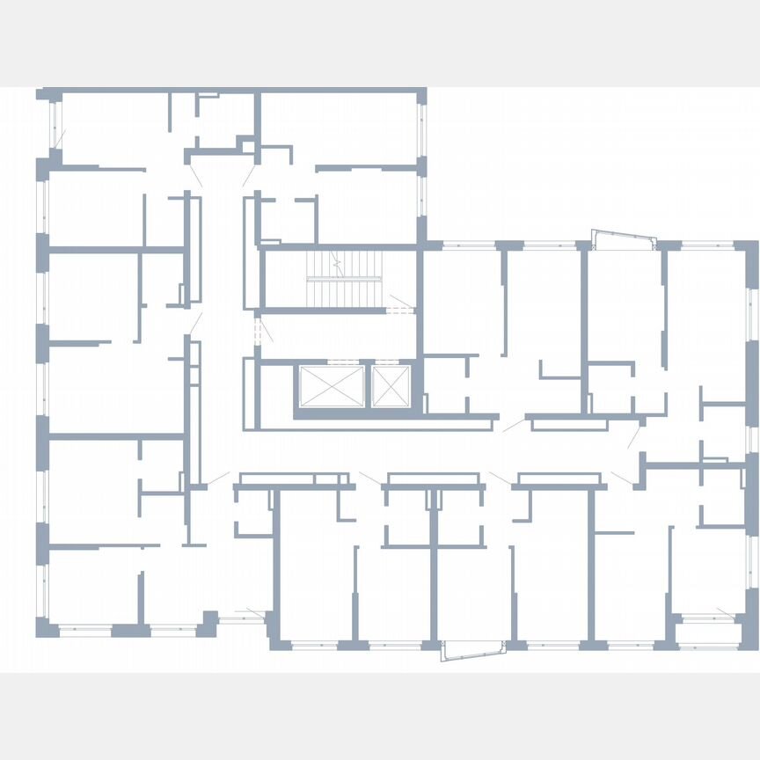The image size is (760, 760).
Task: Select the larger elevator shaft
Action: tap(332, 386)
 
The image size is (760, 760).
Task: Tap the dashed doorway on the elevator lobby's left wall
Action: tap(258, 332)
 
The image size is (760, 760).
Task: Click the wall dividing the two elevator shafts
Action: tap(368, 386)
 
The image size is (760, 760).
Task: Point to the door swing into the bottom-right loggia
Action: tap(726, 611)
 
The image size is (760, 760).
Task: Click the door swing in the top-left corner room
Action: tap(60, 138)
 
